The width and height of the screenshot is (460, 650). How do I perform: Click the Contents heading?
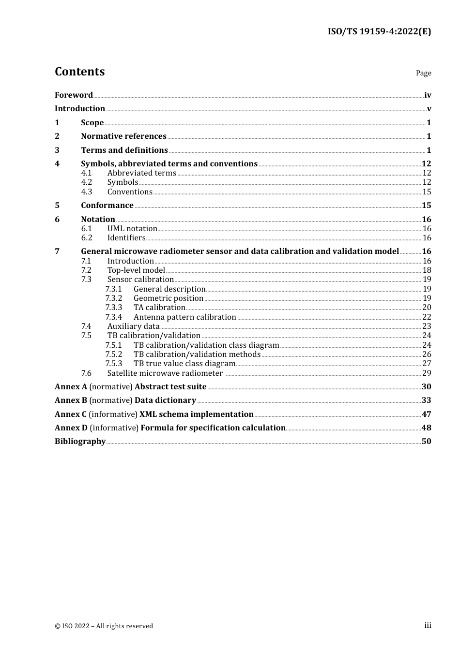coord(79,72)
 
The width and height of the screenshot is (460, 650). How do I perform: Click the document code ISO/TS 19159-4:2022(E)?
coord(379,31)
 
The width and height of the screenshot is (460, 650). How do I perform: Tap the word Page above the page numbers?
coord(423,73)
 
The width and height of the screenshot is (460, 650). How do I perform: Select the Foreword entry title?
coord(74,95)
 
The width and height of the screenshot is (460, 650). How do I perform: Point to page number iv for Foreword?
coord(428,95)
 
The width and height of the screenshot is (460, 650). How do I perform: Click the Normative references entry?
coord(123,136)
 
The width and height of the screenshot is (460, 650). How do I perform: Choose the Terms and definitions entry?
coord(124,150)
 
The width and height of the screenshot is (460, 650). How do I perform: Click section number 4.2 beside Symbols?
coord(87,182)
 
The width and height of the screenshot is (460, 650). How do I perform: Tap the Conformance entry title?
coord(107,206)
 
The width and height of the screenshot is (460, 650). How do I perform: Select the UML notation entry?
coord(132,229)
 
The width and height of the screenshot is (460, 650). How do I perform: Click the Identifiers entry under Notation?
coord(126,238)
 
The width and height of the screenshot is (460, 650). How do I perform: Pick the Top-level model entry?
coord(136,270)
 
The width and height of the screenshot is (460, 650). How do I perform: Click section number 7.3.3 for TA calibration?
coord(114,308)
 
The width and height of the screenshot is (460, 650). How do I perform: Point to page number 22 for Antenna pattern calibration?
coord(427,317)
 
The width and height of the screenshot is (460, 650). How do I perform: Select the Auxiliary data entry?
coord(133,326)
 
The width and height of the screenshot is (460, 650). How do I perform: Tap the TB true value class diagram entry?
coord(184,364)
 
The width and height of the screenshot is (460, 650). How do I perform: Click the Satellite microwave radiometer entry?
coord(165,373)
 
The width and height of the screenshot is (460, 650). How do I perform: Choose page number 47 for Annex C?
coord(426,414)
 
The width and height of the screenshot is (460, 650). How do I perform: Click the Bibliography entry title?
coord(80,442)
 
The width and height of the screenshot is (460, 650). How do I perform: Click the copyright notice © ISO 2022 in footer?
coord(104,626)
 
